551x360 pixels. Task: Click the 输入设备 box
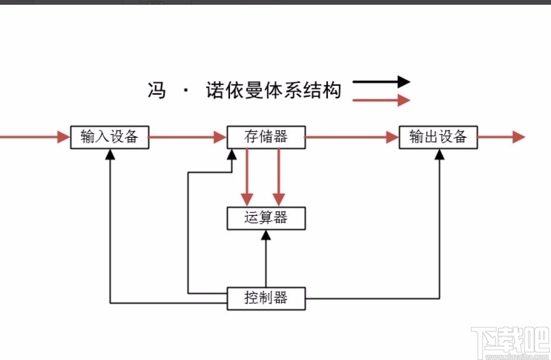[x=109, y=137]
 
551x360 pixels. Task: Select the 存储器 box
[x=266, y=137]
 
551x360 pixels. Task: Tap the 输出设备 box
[x=438, y=137]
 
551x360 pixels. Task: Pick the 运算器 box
[x=266, y=218]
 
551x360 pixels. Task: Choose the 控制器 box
[x=266, y=298]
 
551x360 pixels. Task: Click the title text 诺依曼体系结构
[x=273, y=90]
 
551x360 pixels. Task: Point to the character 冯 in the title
[x=156, y=90]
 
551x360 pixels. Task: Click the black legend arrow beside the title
[x=381, y=82]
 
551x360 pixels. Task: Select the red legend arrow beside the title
[x=381, y=100]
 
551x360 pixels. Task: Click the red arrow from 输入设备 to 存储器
[x=188, y=137]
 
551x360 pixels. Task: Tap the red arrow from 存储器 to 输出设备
[x=351, y=137]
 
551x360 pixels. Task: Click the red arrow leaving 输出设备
[x=502, y=137]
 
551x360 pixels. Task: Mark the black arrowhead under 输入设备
[x=110, y=154]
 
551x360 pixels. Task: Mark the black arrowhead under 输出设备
[x=439, y=154]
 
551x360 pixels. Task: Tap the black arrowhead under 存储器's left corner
[x=232, y=154]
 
